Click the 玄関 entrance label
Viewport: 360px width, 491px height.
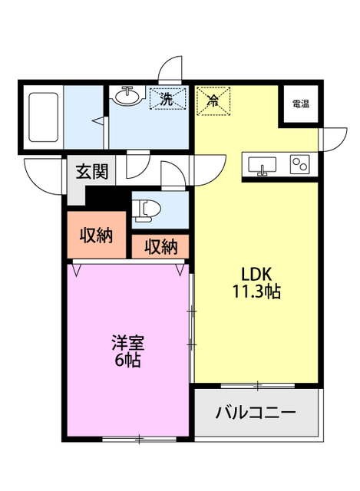coord(91,173)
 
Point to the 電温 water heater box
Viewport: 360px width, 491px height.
coord(299,104)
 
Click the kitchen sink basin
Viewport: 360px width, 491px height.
coord(263,165)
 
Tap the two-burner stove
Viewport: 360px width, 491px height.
coord(299,164)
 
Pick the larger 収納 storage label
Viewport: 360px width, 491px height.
coord(97,236)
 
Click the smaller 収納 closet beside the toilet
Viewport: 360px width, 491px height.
coord(160,247)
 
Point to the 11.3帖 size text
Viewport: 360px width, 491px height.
coord(256,292)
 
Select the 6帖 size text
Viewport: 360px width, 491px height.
coord(127,360)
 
